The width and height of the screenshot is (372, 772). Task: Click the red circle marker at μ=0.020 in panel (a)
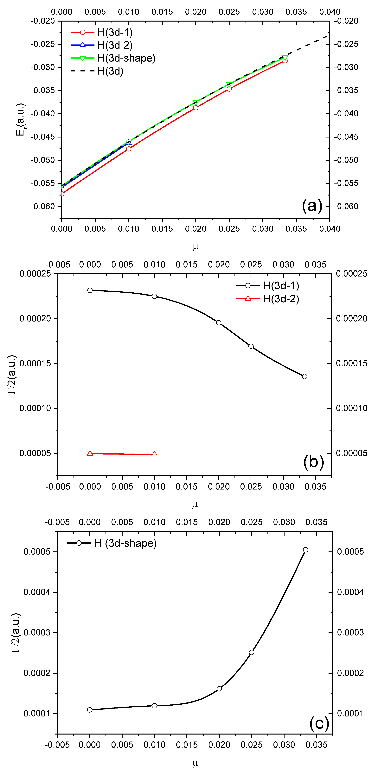point(196,108)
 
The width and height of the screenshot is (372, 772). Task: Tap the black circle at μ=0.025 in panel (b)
point(251,346)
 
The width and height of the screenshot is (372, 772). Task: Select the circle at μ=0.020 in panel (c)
point(219,689)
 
